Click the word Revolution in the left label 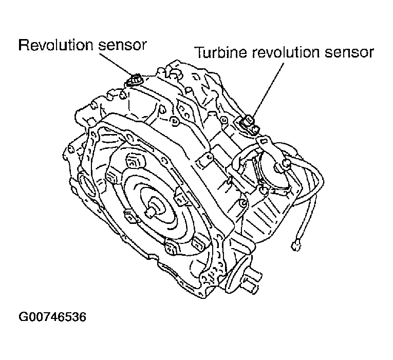click(x=56, y=45)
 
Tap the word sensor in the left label click(x=122, y=46)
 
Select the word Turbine click(x=221, y=52)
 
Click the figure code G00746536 click(x=52, y=317)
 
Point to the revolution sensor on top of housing click(x=135, y=80)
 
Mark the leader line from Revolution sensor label click(x=118, y=64)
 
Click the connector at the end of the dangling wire click(x=296, y=245)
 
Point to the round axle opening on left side click(x=85, y=185)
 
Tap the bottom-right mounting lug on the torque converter click(x=200, y=243)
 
